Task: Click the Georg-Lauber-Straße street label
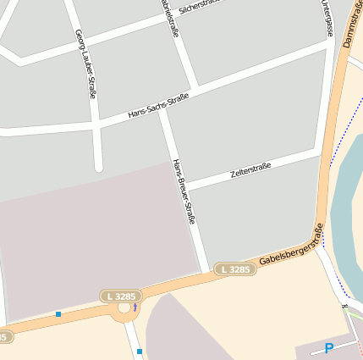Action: coord(85,64)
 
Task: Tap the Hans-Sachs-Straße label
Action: coord(157,106)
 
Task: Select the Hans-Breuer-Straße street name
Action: coord(184,191)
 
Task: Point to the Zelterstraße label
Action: coord(250,171)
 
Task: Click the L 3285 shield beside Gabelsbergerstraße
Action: coord(234,269)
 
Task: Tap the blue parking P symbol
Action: coord(328,348)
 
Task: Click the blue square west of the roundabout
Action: coord(58,314)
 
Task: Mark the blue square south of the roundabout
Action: coord(140,351)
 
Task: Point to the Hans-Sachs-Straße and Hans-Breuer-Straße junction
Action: coord(163,108)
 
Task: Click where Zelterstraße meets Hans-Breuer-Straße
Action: coord(185,186)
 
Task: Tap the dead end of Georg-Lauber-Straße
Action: coord(98,167)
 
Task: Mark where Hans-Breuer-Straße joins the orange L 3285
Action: coord(204,273)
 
